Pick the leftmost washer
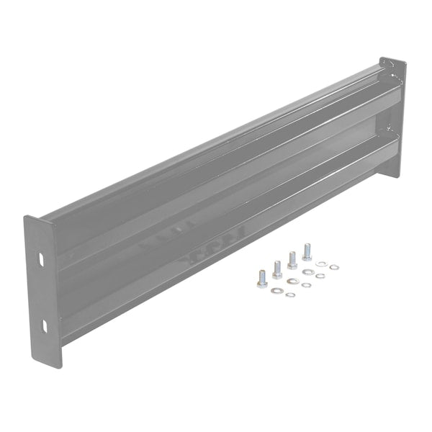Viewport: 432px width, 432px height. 275,290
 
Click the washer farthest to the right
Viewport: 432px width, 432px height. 334,267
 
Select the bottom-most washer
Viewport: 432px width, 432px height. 289,294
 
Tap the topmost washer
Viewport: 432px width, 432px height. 320,264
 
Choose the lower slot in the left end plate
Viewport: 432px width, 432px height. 44,325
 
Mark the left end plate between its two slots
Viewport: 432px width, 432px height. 43,292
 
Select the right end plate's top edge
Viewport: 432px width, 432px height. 392,60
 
